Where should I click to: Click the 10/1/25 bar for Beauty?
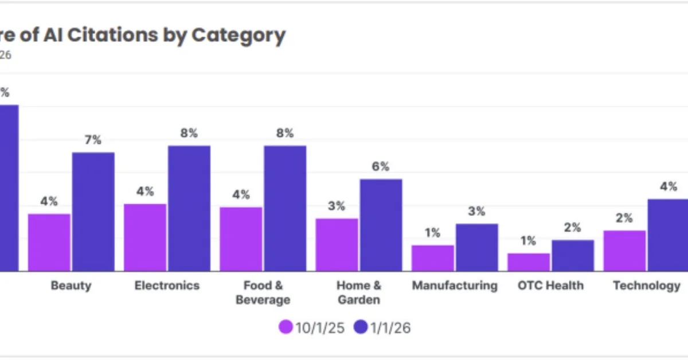[49, 242]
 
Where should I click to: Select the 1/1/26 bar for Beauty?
[93, 212]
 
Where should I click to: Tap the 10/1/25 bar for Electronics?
[145, 237]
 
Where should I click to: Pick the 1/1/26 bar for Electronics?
[189, 208]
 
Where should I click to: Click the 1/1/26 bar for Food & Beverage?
[285, 208]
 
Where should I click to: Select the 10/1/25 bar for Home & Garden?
[337, 244]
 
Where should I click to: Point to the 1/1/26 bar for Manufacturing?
[477, 247]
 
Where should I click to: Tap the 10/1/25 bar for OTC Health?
[529, 262]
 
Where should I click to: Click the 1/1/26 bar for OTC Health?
[573, 255]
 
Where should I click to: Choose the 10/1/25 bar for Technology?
[624, 251]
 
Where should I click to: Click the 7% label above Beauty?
[93, 140]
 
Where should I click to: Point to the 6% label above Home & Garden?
[381, 167]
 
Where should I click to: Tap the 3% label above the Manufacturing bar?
[477, 212]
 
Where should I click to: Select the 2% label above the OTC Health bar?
[573, 228]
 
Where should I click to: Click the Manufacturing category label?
[455, 285]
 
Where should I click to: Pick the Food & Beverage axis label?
[263, 292]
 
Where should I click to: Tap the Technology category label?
[647, 285]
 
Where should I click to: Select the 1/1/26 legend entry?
[382, 327]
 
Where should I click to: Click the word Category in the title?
[238, 36]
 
